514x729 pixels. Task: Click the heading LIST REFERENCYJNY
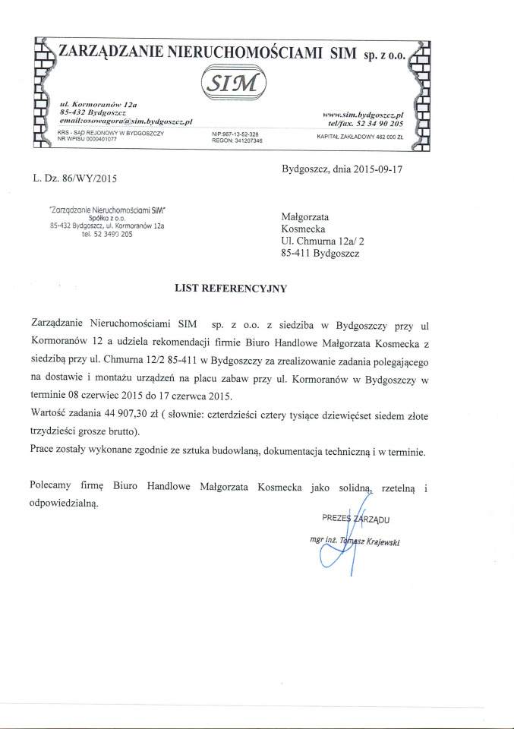(232, 289)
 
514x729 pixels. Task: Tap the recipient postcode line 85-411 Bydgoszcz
(320, 254)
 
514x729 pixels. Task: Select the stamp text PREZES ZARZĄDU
(355, 519)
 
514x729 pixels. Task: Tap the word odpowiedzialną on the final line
(65, 503)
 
